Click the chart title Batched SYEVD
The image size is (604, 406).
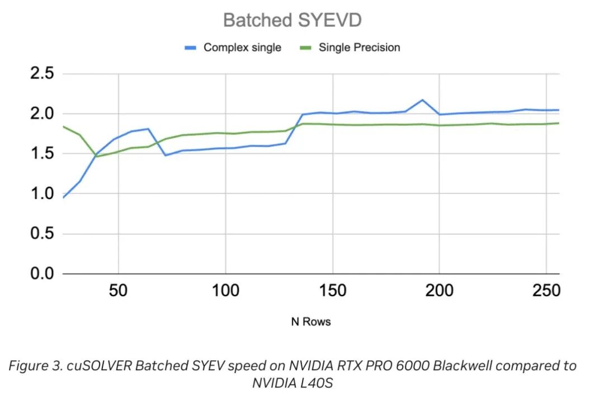pyautogui.click(x=292, y=21)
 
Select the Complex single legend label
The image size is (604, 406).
pyautogui.click(x=242, y=48)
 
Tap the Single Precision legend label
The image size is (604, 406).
pyautogui.click(x=360, y=48)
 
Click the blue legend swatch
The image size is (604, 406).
pyautogui.click(x=191, y=48)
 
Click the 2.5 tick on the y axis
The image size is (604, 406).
pyautogui.click(x=42, y=74)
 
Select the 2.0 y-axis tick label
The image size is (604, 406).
pyautogui.click(x=42, y=114)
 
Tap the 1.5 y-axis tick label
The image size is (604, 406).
pyautogui.click(x=42, y=154)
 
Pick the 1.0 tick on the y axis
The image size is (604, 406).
pyautogui.click(x=42, y=194)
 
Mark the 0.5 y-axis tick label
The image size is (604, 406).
pyautogui.click(x=42, y=234)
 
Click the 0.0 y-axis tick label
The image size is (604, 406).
pyautogui.click(x=42, y=274)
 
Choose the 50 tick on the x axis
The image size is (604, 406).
pyautogui.click(x=119, y=291)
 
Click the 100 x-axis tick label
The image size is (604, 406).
pyautogui.click(x=225, y=291)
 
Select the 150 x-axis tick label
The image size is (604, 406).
pyautogui.click(x=332, y=291)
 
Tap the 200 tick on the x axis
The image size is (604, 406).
pyautogui.click(x=439, y=291)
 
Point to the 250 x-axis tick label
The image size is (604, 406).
pyautogui.click(x=546, y=291)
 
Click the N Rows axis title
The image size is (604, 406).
pyautogui.click(x=310, y=322)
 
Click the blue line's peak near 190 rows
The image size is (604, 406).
pyautogui.click(x=422, y=100)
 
